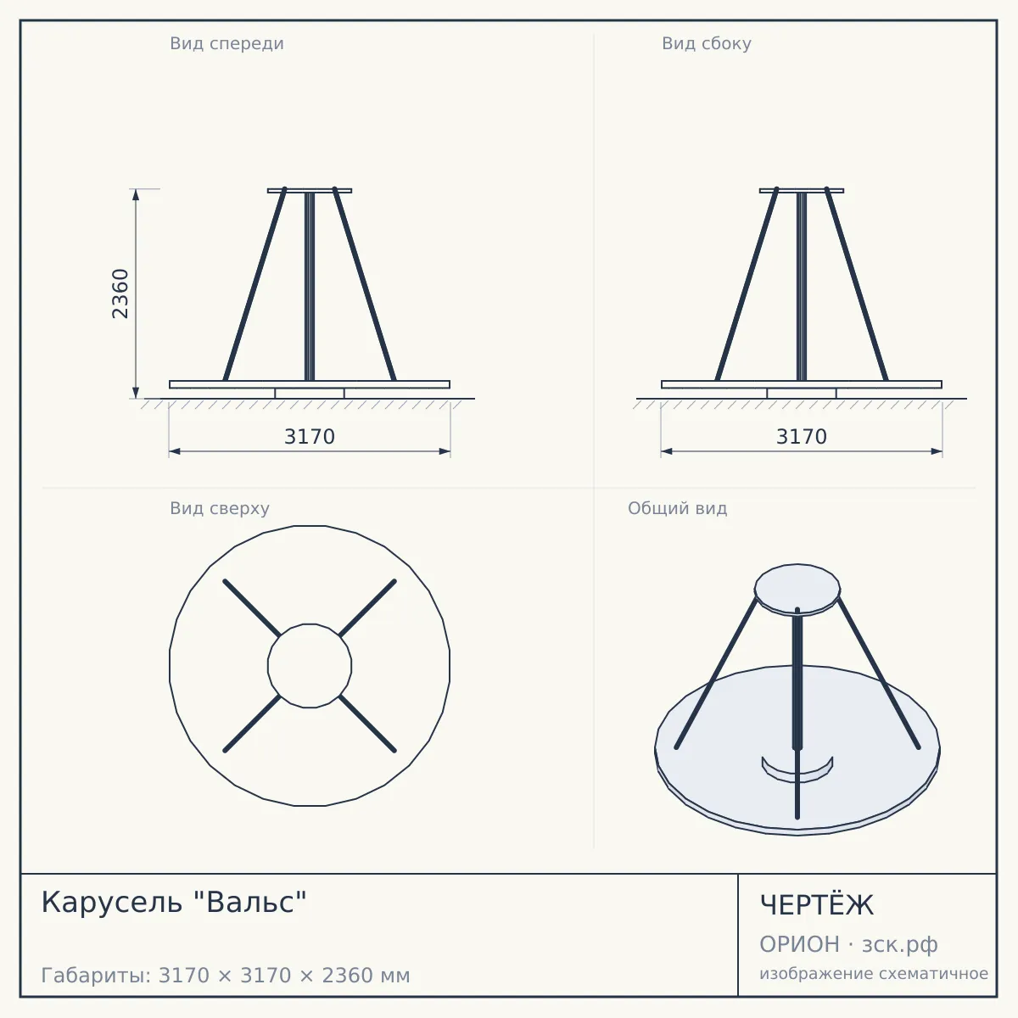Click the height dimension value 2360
coord(120,294)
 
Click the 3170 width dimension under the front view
coord(310,437)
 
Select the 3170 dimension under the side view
coord(802,437)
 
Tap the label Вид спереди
coord(227,43)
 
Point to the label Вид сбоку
coord(707,43)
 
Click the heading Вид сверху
coord(220,508)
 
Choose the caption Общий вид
coord(677,508)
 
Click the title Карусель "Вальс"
coord(174,903)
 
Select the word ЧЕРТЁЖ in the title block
coord(817,905)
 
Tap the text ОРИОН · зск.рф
coord(848,944)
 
